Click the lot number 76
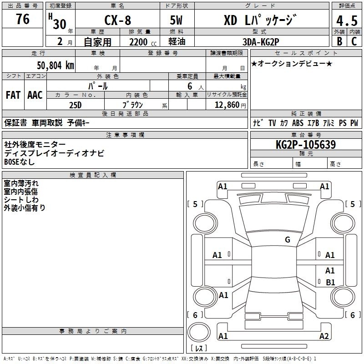pos(23,19)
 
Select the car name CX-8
pos(118,20)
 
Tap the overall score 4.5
pos(347,21)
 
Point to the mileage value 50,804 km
pos(56,66)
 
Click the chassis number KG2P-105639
pos(306,145)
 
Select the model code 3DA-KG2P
pos(261,42)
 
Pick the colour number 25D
pos(76,105)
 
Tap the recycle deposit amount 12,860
pos(227,105)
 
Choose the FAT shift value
pos(13,95)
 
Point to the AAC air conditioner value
pos(35,95)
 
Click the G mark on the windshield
pos(288,240)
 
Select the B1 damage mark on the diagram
pos(330,282)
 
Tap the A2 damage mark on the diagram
pos(324,336)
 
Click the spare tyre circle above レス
pos(199,332)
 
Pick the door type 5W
pos(177,20)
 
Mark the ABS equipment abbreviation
pos(298,123)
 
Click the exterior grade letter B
pos(339,41)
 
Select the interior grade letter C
pos(354,41)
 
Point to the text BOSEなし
pos(20,162)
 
